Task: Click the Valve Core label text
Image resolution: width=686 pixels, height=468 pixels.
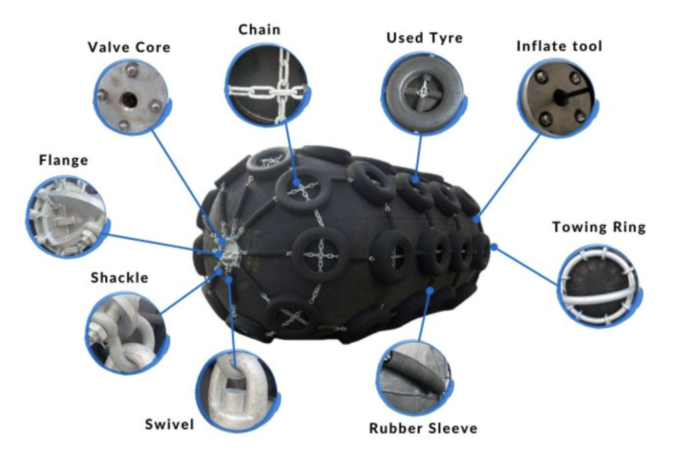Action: pos(129,47)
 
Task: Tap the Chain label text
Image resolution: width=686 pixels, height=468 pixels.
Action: pos(259,30)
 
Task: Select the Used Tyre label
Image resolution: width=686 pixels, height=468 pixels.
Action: pos(424,38)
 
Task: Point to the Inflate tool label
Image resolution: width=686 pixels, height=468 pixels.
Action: pos(559,46)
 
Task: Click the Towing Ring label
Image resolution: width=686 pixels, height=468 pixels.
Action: pos(598,227)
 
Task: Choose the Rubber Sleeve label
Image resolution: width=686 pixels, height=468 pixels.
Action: pos(423,428)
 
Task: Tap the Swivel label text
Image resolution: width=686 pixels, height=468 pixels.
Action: pos(169,424)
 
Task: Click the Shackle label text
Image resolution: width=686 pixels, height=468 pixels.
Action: pos(119,278)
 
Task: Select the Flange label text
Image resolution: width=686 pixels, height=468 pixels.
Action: pos(64,160)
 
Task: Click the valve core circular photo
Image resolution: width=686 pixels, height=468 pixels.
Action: pos(132,97)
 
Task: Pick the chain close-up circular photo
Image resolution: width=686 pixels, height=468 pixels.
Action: pos(267,84)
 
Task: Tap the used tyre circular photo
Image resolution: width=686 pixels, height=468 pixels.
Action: pos(423,93)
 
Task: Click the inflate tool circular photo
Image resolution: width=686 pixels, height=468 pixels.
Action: pos(557,97)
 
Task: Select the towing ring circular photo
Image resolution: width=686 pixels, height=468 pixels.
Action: pos(599,286)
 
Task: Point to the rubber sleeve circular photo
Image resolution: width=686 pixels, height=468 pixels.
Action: pos(414,377)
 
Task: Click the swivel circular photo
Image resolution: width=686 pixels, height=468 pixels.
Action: pos(238,391)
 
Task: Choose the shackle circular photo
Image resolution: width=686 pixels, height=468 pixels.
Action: pos(127,333)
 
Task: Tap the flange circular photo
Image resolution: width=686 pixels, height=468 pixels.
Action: pos(68,217)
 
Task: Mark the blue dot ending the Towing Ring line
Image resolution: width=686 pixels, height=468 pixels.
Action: pos(494,247)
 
